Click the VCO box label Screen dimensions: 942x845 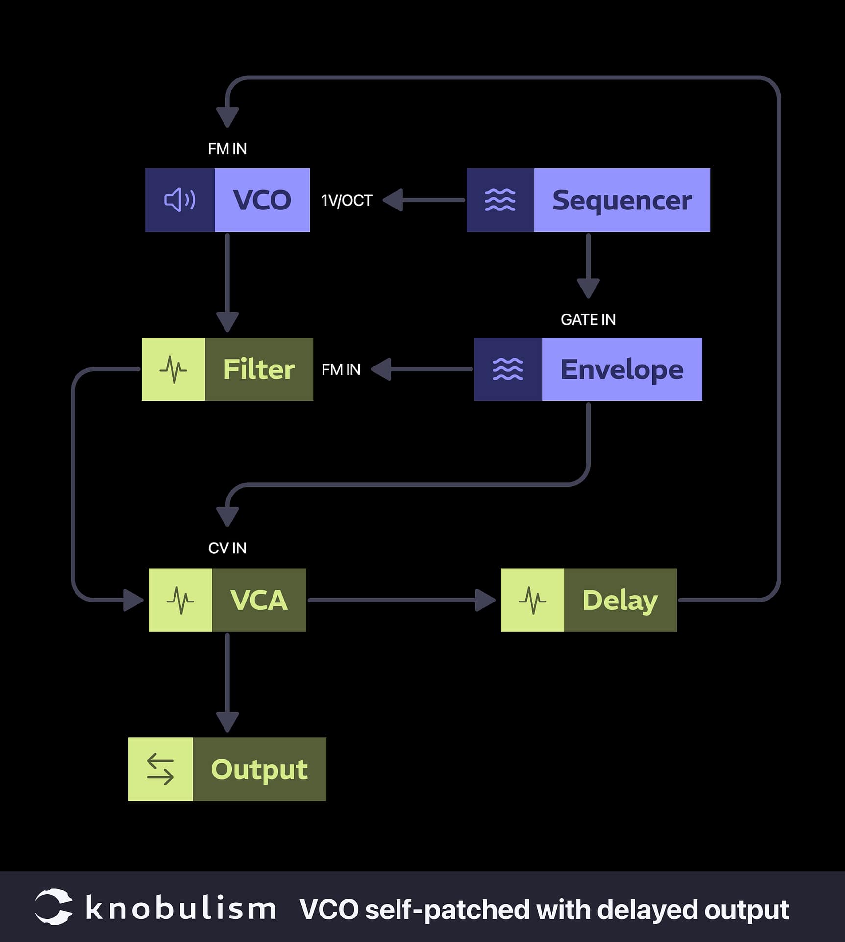pos(262,200)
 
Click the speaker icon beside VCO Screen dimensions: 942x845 pos(179,200)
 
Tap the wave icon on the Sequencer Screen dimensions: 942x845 pos(500,200)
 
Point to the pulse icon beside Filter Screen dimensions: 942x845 pos(173,369)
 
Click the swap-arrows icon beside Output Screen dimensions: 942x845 pos(160,769)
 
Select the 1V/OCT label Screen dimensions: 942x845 pos(347,201)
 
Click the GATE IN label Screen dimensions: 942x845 pos(588,320)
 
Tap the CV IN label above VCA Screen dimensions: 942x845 pos(227,548)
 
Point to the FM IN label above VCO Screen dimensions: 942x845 pos(227,149)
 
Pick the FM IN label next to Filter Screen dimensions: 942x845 pos(341,370)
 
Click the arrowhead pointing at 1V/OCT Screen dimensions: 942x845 pos(394,200)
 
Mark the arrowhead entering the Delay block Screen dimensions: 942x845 pos(485,600)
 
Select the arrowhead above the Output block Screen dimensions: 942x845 pos(227,722)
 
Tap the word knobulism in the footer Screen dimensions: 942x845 pos(180,909)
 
